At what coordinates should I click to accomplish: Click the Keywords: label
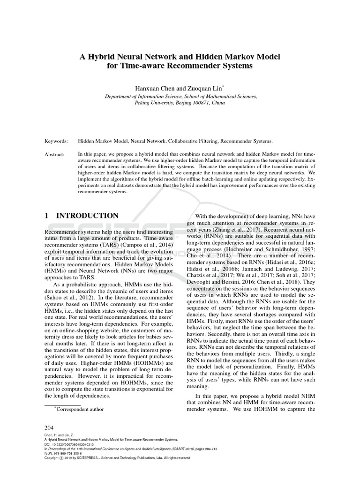pos(56,141)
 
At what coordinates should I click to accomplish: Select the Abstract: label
pos(55,154)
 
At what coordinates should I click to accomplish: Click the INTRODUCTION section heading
pos(88,216)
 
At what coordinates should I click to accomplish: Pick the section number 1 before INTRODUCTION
pos(47,216)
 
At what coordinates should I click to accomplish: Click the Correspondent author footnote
pos(79,409)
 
